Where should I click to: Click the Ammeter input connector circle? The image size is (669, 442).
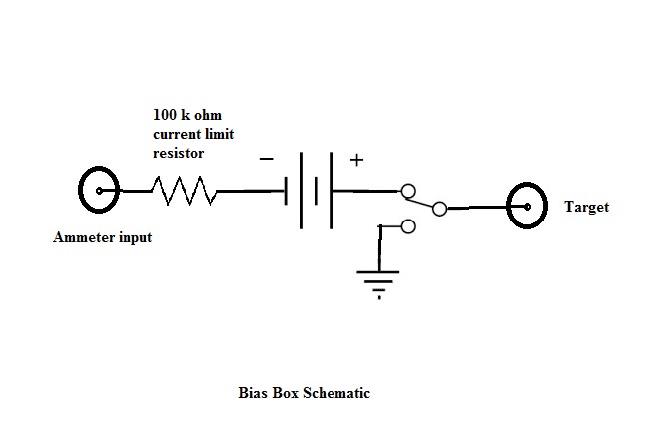pyautogui.click(x=98, y=190)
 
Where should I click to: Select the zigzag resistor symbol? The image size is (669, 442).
pyautogui.click(x=185, y=190)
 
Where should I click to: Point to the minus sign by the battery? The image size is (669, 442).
pyautogui.click(x=267, y=158)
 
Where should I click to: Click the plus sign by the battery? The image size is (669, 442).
pyautogui.click(x=356, y=159)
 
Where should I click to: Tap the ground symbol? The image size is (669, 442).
pyautogui.click(x=379, y=278)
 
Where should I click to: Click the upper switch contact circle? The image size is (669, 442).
pyautogui.click(x=406, y=190)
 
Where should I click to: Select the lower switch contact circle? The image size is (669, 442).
pyautogui.click(x=407, y=227)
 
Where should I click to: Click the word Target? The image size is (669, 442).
pyautogui.click(x=586, y=208)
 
